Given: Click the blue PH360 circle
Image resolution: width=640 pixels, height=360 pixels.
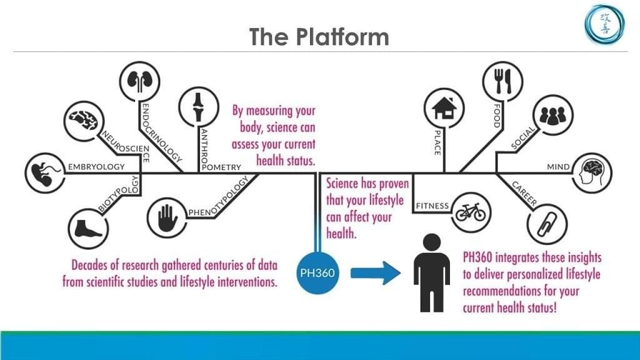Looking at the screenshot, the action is click(317, 273).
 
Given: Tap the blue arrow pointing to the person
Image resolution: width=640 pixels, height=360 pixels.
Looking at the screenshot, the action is click(376, 273).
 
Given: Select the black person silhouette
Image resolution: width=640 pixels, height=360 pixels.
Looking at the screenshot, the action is click(431, 273).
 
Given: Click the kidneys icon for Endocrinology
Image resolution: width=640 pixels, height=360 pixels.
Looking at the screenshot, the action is click(139, 81).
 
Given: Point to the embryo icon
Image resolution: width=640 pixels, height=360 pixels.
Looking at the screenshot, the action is click(44, 173).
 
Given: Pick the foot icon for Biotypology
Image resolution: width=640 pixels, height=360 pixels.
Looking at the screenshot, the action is click(88, 229).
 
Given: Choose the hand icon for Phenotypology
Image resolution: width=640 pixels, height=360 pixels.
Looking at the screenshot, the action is click(167, 218).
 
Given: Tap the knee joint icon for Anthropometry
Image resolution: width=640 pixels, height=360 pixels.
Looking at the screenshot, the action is click(198, 107).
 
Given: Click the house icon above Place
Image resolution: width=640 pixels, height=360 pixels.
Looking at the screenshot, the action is click(444, 108).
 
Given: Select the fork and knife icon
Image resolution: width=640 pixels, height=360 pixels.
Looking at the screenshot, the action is click(502, 81).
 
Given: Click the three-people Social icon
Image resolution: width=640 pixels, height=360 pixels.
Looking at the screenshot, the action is click(553, 115).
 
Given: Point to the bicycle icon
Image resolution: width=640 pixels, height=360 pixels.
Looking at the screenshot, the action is click(471, 212).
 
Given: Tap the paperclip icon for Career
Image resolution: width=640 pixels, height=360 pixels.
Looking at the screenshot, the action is click(547, 224).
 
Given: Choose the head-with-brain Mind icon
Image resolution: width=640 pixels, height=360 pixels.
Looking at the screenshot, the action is click(592, 173).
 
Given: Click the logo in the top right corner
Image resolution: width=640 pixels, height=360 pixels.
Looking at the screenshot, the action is click(604, 24).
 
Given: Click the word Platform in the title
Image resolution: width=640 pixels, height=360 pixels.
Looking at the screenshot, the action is click(342, 37).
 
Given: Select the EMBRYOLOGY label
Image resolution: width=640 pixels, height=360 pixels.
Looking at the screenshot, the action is click(96, 167).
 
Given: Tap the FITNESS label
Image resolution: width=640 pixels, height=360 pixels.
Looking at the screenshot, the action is click(432, 206).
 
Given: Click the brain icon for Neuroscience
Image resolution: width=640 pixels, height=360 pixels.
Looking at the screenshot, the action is click(84, 121).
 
